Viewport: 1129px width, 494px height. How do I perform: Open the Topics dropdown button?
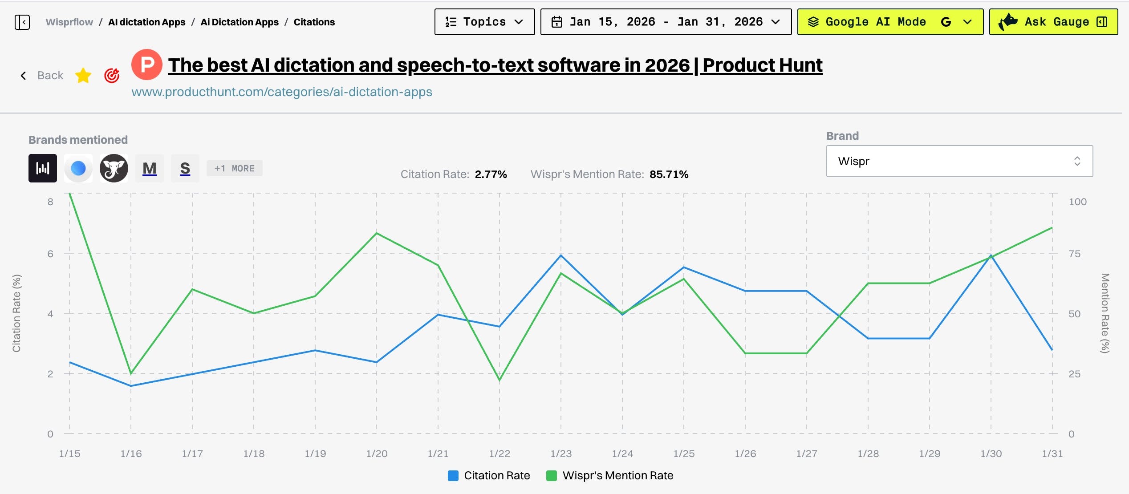[x=484, y=22]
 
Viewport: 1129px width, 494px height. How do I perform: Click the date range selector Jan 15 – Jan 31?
[x=666, y=22]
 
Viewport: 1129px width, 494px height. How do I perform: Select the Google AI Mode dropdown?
[x=890, y=22]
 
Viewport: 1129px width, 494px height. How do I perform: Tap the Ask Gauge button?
[x=1053, y=22]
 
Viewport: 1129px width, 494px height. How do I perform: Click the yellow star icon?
[x=83, y=76]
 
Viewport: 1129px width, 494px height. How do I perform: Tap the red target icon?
[x=112, y=76]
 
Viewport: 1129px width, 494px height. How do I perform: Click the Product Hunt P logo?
[x=146, y=65]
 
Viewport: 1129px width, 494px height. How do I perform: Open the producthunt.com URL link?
[x=282, y=92]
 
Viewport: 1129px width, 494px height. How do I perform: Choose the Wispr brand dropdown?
[x=959, y=161]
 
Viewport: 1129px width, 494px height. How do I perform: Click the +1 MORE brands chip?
[x=234, y=168]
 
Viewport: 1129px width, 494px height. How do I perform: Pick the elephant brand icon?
[x=114, y=168]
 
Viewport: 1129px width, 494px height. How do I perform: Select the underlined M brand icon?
[x=150, y=168]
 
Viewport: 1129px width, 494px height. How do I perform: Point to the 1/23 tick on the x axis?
[x=561, y=454]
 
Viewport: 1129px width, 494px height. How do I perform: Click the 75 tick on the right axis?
[x=1074, y=254]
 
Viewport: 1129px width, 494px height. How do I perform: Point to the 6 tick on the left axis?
[x=50, y=254]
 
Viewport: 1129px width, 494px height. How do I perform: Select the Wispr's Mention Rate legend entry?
[x=610, y=475]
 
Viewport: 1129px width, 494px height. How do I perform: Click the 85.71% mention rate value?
[x=669, y=174]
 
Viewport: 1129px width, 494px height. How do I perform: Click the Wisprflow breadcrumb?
[x=69, y=22]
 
